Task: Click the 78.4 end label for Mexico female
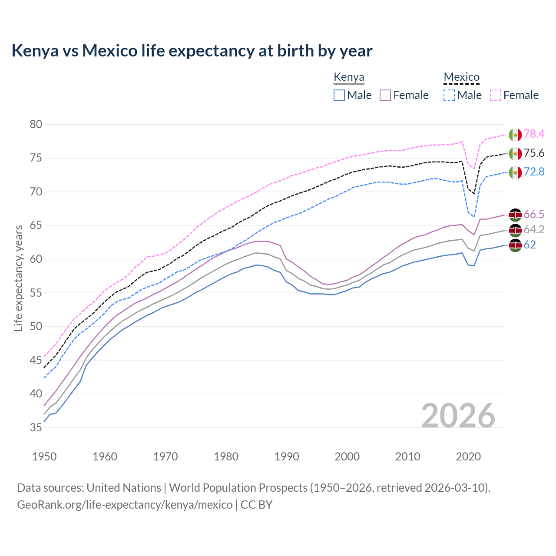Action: pyautogui.click(x=534, y=134)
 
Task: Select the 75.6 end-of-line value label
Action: pyautogui.click(x=534, y=153)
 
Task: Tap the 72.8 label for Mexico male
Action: pyautogui.click(x=534, y=172)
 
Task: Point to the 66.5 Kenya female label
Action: pyautogui.click(x=534, y=214)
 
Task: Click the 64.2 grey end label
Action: pyautogui.click(x=534, y=229)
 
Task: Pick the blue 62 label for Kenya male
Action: pyautogui.click(x=530, y=245)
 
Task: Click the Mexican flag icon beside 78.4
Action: pyautogui.click(x=515, y=135)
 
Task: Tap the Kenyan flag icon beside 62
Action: pyautogui.click(x=515, y=245)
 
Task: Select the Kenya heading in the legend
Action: pyautogui.click(x=349, y=77)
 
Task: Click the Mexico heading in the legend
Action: pyautogui.click(x=461, y=77)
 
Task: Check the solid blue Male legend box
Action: pyautogui.click(x=339, y=95)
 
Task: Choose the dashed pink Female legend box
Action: pyautogui.click(x=495, y=95)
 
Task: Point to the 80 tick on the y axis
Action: pyautogui.click(x=36, y=125)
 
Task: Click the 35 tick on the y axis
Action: pyautogui.click(x=36, y=427)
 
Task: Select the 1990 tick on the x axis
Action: pyautogui.click(x=287, y=457)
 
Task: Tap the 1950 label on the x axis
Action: pyautogui.click(x=44, y=457)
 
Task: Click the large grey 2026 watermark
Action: pyautogui.click(x=458, y=416)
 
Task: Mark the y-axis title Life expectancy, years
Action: pyautogui.click(x=18, y=278)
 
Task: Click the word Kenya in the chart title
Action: pyautogui.click(x=35, y=51)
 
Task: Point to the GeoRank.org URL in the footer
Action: pyautogui.click(x=125, y=505)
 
